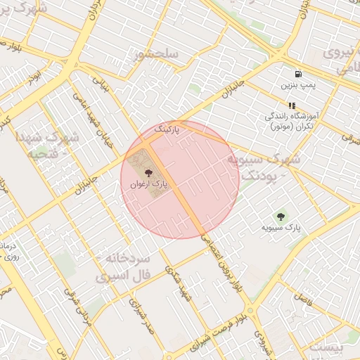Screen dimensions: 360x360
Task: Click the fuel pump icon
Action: (299, 74)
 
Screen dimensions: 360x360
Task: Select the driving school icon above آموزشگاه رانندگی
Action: (291, 105)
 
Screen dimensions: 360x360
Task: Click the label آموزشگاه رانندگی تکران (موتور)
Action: (291, 120)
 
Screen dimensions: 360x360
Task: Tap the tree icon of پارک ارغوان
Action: (148, 173)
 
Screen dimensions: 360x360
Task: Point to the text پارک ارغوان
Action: (148, 184)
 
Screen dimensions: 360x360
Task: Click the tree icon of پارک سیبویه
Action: (281, 217)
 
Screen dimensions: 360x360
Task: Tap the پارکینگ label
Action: (167, 130)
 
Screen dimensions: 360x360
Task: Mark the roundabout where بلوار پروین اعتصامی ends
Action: (250, 309)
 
